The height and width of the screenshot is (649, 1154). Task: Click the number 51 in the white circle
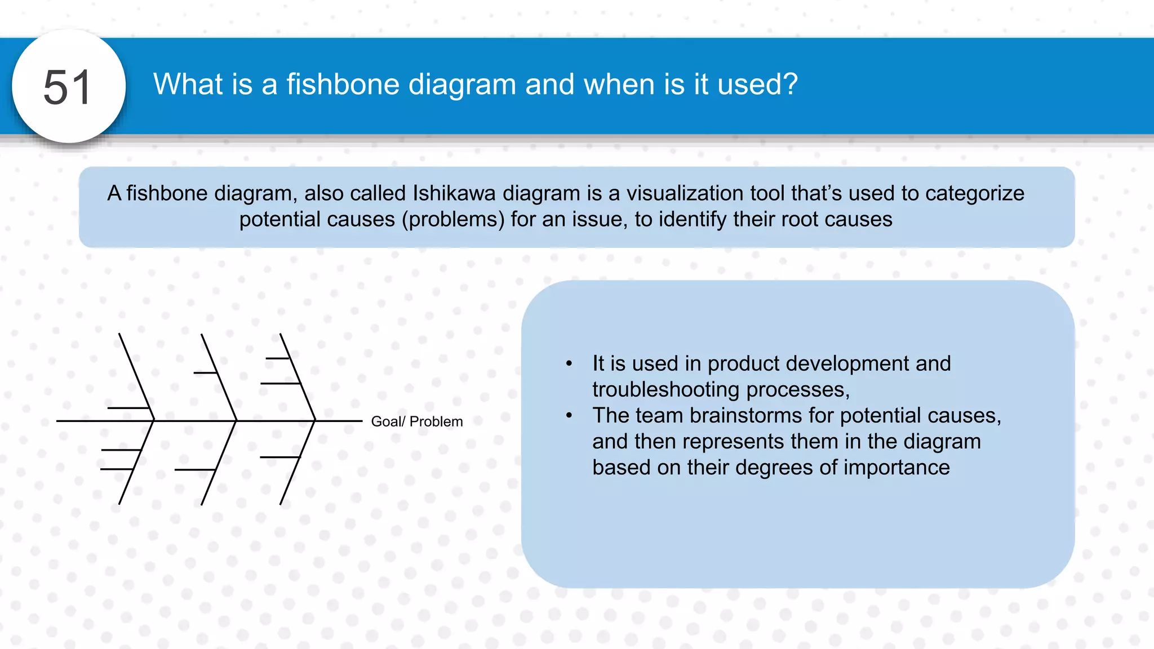point(67,87)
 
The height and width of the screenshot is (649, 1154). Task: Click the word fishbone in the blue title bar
point(343,85)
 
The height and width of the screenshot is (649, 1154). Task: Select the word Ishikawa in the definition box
point(454,193)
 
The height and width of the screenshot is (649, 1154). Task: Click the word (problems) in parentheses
point(453,219)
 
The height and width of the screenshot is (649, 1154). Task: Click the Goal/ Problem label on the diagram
point(416,421)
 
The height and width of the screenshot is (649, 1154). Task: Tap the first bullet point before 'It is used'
point(569,364)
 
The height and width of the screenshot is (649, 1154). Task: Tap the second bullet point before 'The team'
point(569,416)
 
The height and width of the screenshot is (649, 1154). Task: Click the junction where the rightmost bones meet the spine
point(315,421)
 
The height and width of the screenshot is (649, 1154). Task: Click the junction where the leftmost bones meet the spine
point(154,421)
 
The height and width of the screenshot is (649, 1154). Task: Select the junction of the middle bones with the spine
point(236,421)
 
